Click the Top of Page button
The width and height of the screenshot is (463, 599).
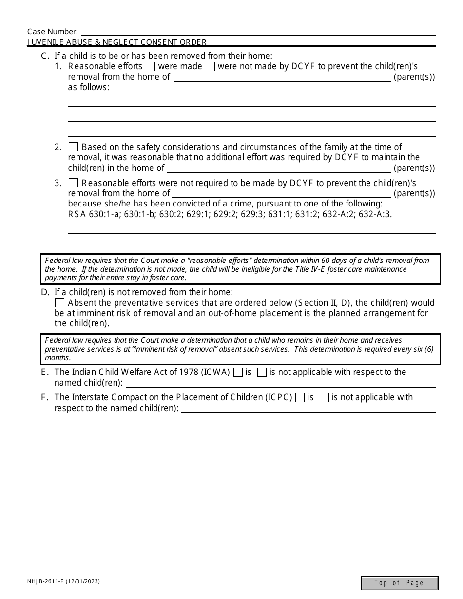tap(399, 583)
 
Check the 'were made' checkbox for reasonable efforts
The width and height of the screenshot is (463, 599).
tap(151, 67)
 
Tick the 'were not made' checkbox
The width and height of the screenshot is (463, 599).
tap(211, 67)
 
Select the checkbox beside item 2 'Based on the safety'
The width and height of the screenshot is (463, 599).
tap(73, 147)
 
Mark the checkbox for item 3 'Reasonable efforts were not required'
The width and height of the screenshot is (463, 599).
tap(73, 184)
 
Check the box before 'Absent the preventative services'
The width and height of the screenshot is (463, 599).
tap(59, 303)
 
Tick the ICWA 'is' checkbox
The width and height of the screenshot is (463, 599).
tap(238, 373)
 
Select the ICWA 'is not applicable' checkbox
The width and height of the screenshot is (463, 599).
tap(262, 373)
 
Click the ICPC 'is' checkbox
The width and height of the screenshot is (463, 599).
tap(300, 398)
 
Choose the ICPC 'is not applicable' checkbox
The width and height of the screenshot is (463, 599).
tap(324, 398)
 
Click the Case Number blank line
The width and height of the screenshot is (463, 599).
tap(257, 32)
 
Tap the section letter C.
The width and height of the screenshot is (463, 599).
tap(45, 56)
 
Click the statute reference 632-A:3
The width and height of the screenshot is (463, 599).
tap(375, 214)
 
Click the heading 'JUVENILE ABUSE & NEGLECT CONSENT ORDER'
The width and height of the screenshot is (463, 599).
tap(117, 42)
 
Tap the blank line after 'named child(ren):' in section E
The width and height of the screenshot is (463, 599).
tap(280, 383)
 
